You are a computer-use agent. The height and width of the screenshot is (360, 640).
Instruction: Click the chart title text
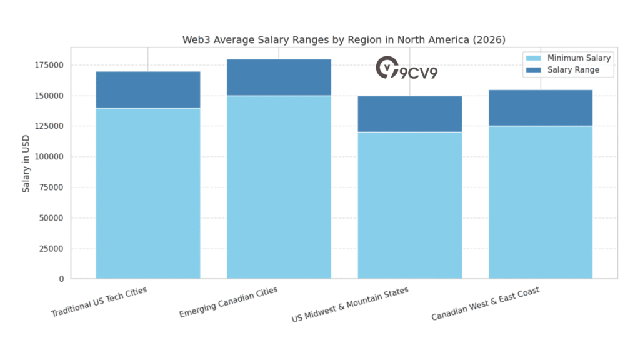click(x=344, y=40)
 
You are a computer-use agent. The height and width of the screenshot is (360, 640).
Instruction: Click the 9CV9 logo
click(x=406, y=69)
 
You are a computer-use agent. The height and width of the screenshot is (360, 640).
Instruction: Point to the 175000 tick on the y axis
click(x=49, y=65)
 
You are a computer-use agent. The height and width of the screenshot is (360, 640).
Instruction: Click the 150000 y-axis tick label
click(x=49, y=96)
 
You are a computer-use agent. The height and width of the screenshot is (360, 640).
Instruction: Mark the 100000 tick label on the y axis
click(x=49, y=157)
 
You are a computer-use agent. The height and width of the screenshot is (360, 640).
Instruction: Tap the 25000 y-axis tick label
click(x=51, y=249)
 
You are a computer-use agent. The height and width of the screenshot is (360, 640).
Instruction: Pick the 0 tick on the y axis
click(x=61, y=279)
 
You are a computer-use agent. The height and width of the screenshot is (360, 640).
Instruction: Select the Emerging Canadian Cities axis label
click(x=228, y=302)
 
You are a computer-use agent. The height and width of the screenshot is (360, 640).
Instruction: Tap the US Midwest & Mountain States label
click(x=350, y=304)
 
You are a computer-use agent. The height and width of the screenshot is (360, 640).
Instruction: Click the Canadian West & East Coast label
click(x=485, y=304)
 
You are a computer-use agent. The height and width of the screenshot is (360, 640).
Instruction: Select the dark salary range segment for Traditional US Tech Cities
click(x=148, y=90)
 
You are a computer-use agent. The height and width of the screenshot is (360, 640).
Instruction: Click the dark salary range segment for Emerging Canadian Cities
click(x=279, y=77)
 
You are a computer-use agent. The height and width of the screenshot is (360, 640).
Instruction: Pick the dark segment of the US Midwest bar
click(x=410, y=114)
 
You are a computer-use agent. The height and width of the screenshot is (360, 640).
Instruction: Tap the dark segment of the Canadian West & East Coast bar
click(x=541, y=108)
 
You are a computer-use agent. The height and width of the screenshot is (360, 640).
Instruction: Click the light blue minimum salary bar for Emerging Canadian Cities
click(x=279, y=187)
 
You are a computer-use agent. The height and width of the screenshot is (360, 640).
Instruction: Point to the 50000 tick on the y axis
click(x=51, y=218)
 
